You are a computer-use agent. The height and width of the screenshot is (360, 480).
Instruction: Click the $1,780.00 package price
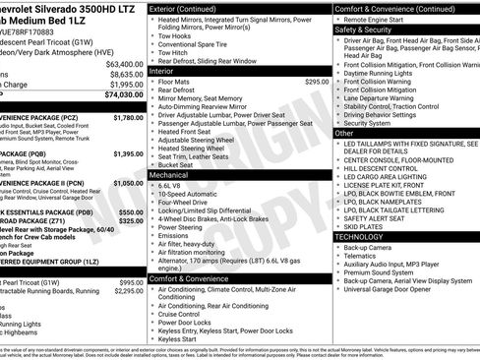(x=128, y=117)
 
